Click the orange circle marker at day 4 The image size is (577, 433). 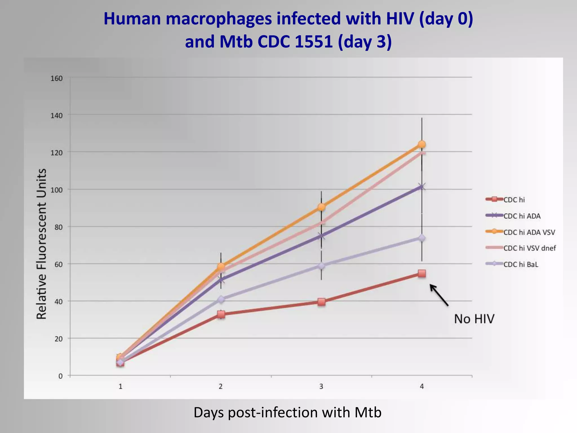tap(422, 144)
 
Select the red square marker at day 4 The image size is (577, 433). tap(422, 273)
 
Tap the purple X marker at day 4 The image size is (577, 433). tap(422, 186)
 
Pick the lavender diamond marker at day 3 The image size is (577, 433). tap(321, 266)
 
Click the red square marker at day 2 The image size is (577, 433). tap(221, 314)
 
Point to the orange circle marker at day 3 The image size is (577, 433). tap(321, 207)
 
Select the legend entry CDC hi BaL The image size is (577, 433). tap(521, 264)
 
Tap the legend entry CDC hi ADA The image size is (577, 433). tap(522, 216)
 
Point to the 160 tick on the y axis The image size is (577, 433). tap(57, 78)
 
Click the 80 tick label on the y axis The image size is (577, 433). tap(58, 227)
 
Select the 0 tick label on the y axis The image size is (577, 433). tap(60, 376)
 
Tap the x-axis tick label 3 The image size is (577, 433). tap(321, 386)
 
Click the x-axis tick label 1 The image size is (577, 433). tap(120, 386)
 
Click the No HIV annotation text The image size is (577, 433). tap(474, 319)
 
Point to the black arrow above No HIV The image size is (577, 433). tap(439, 295)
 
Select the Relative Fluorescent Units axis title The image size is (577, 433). tap(41, 244)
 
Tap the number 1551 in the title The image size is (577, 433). tap(314, 42)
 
